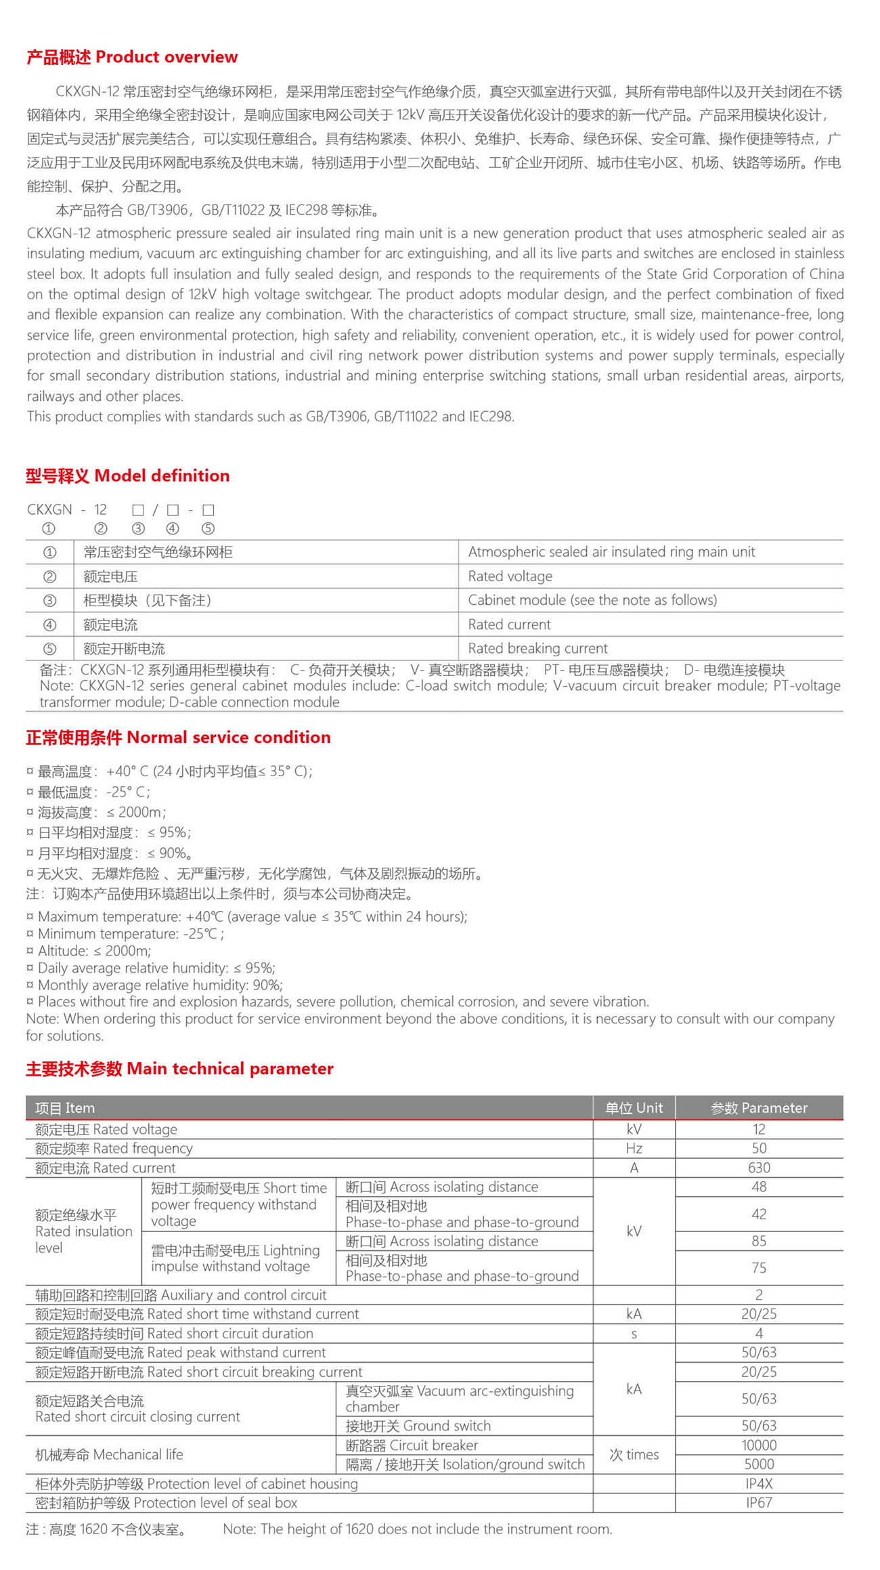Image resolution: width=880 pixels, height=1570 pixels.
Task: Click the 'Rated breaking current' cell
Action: point(537,648)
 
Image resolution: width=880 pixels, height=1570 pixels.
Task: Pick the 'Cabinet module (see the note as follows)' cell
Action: point(592,600)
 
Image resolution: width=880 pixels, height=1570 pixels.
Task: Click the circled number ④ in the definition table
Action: point(49,624)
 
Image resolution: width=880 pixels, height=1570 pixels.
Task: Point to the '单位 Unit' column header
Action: point(634,1108)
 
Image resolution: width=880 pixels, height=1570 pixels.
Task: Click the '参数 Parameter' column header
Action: point(759,1108)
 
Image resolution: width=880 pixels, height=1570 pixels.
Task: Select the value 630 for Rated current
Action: point(759,1168)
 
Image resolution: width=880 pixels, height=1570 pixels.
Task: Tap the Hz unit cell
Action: point(634,1148)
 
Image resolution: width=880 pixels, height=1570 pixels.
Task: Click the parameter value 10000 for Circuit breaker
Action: point(759,1445)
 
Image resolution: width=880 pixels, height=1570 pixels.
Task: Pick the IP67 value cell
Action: point(759,1502)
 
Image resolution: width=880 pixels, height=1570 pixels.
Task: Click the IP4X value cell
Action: point(759,1483)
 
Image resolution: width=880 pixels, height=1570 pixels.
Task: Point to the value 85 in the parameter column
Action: point(759,1241)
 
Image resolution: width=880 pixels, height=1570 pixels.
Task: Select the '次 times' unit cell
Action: point(634,1454)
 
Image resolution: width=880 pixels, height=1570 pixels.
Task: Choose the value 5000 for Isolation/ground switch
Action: point(759,1464)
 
